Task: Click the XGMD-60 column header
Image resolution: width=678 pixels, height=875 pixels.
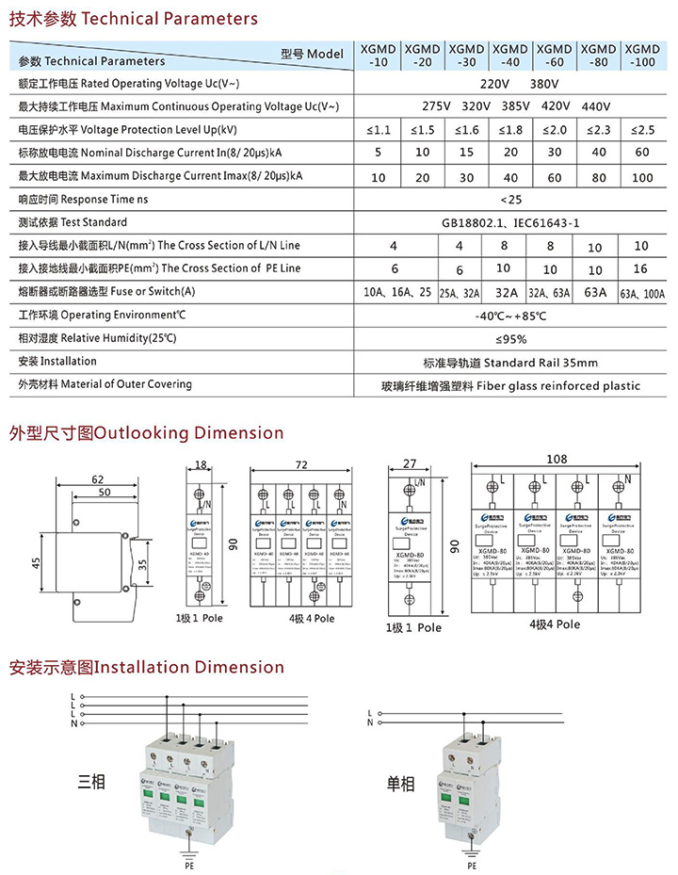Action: tap(555, 55)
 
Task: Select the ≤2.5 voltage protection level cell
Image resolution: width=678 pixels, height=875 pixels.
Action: tap(642, 129)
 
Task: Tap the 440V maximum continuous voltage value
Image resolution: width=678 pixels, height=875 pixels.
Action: tap(597, 106)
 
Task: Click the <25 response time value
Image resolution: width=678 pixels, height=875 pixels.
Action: tap(512, 200)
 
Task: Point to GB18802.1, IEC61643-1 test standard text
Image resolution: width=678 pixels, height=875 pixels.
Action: tap(512, 223)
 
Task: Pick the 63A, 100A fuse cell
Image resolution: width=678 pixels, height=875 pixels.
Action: tap(642, 293)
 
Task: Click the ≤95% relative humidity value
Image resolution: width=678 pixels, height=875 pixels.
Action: tap(512, 339)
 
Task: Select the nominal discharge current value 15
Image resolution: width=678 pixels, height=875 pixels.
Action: tap(466, 153)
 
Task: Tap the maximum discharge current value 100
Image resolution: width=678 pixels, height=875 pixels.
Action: tap(642, 177)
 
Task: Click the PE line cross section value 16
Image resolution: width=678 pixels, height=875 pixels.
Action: tap(642, 268)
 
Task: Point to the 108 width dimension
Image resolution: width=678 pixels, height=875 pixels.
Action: tap(557, 460)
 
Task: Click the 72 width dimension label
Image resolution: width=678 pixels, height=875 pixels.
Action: tap(301, 466)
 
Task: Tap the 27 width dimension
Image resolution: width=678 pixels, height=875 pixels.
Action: tap(409, 463)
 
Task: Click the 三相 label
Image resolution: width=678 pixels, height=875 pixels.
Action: tap(91, 781)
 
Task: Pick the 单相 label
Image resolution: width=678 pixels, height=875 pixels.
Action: tap(400, 781)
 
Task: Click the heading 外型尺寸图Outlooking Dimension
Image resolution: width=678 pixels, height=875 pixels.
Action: tap(146, 433)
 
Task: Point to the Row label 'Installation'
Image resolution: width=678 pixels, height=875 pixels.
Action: tap(57, 362)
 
